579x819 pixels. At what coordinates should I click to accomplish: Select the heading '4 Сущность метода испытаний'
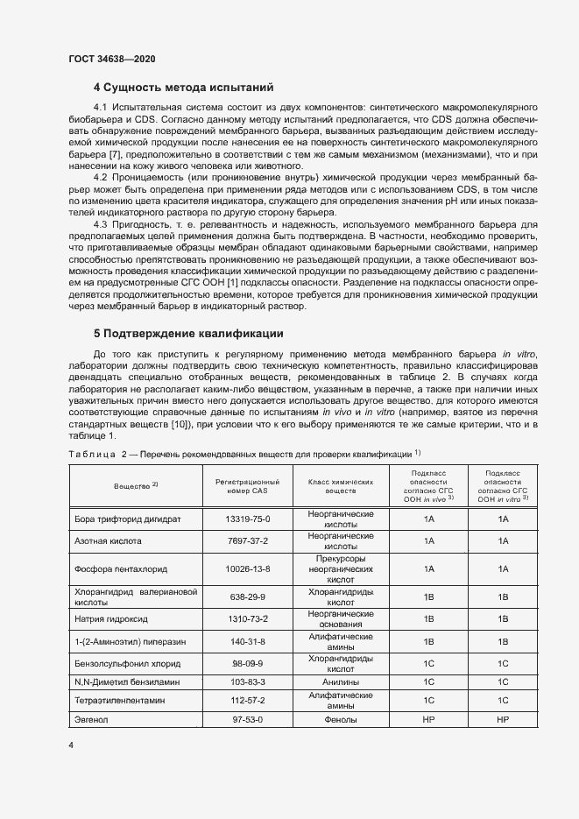(x=184, y=88)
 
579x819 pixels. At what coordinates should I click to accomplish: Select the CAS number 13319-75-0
(x=247, y=519)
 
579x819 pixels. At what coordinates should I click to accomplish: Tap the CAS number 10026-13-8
(x=247, y=568)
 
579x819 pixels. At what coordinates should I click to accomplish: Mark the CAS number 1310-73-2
(x=247, y=618)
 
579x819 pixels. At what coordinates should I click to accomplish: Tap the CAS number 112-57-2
(x=247, y=701)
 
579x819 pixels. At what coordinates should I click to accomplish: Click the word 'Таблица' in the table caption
(x=90, y=455)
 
